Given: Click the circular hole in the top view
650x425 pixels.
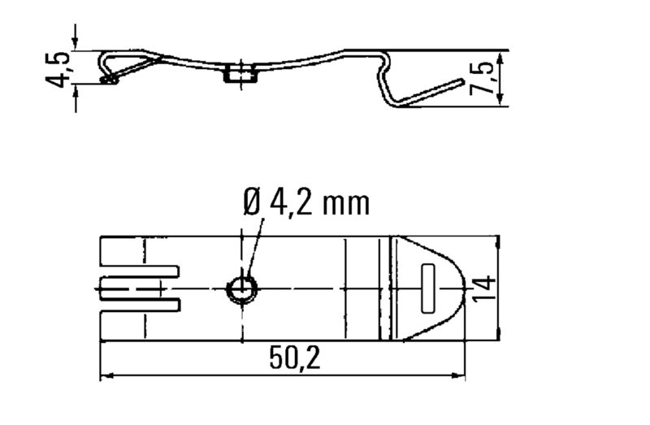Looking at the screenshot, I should pyautogui.click(x=241, y=288).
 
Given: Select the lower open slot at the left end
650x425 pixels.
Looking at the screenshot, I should pyautogui.click(x=138, y=305).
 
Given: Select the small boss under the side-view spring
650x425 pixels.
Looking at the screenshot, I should pyautogui.click(x=236, y=76).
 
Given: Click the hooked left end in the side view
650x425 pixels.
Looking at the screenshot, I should pyautogui.click(x=109, y=78).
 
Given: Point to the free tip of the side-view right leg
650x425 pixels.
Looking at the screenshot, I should pyautogui.click(x=462, y=81).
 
